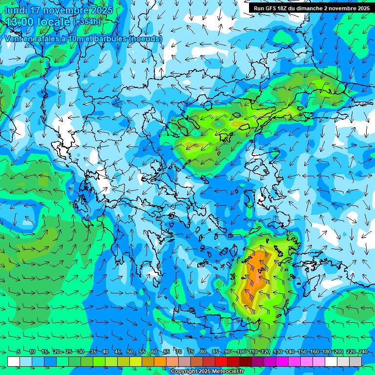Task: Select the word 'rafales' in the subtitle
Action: (x=44, y=39)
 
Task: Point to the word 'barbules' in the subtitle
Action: (x=110, y=39)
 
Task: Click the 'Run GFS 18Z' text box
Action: (x=311, y=8)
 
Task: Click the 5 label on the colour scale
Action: (x=19, y=352)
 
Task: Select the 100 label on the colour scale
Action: (x=241, y=352)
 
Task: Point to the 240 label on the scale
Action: (x=363, y=352)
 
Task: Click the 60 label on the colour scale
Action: (x=154, y=352)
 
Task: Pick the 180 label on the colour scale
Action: (x=326, y=352)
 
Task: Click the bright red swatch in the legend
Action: (x=221, y=361)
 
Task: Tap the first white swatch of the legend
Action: (x=14, y=361)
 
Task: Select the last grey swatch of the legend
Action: (x=355, y=361)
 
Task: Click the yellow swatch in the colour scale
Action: (x=124, y=361)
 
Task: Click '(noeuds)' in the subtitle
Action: (x=146, y=39)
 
